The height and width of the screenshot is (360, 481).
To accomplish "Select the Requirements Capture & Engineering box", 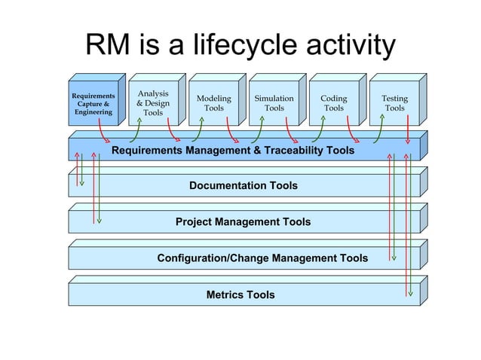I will (93, 104).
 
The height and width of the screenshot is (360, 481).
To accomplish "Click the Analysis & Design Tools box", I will (153, 103).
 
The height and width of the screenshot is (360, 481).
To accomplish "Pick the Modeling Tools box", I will (213, 103).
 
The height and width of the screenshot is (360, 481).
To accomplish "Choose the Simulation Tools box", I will (274, 103).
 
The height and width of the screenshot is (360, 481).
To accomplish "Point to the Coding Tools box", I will (334, 103).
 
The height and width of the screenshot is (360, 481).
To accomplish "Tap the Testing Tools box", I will (394, 103).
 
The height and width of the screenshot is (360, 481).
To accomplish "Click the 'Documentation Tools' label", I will (243, 185).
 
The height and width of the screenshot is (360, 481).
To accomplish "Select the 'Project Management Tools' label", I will (243, 222).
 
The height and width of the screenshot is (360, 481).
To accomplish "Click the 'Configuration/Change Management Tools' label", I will (262, 258).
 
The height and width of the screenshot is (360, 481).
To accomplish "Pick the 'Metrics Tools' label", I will (240, 294).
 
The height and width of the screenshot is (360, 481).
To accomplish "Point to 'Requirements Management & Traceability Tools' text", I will (233, 151).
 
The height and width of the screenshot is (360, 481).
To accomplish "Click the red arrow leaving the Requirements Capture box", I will (103, 133).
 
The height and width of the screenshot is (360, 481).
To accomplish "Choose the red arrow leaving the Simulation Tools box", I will (289, 133).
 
